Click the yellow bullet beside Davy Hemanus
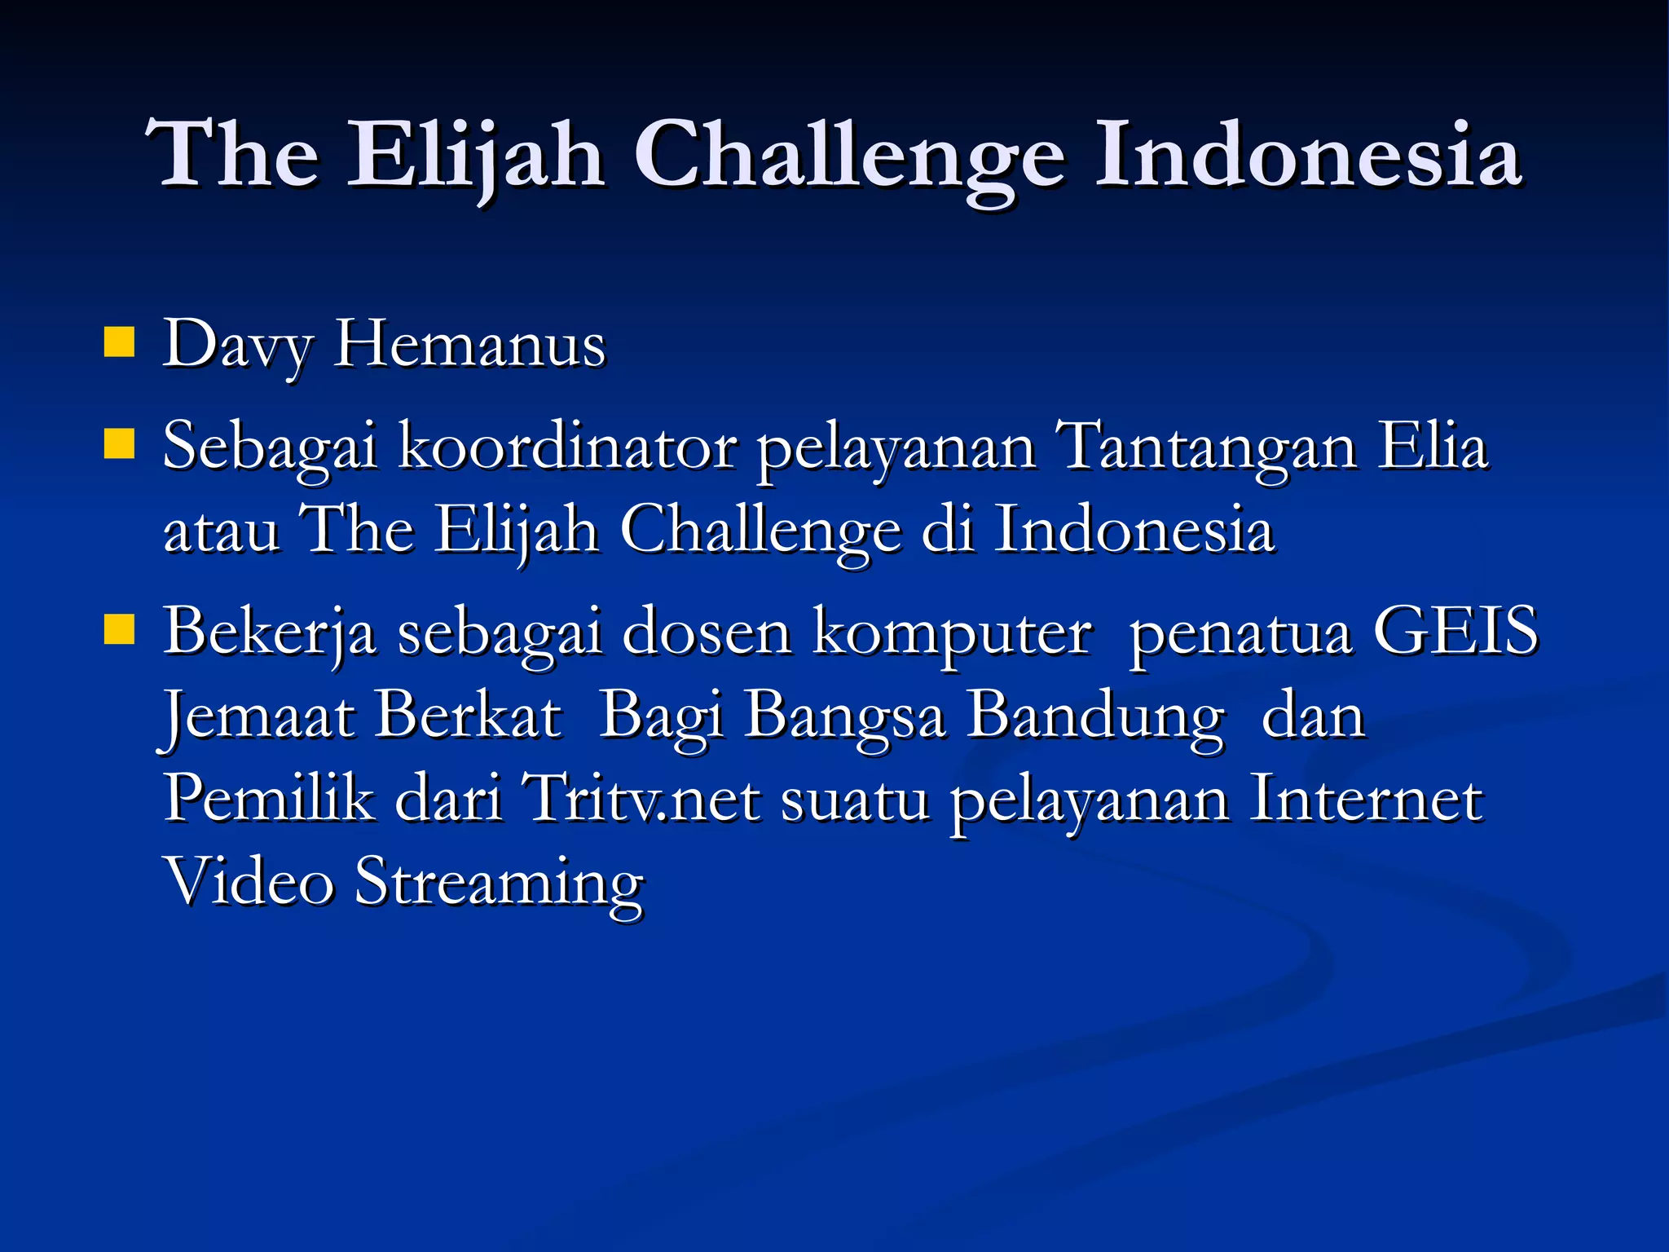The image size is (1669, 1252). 119,343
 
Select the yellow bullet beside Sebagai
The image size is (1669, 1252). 119,446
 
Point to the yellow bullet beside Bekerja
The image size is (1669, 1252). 119,630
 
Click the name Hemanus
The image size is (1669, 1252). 469,345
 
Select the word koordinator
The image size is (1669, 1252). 567,448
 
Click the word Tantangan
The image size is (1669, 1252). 1204,448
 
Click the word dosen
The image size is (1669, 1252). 707,633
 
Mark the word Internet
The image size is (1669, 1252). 1366,799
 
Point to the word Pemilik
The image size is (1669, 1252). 269,799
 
